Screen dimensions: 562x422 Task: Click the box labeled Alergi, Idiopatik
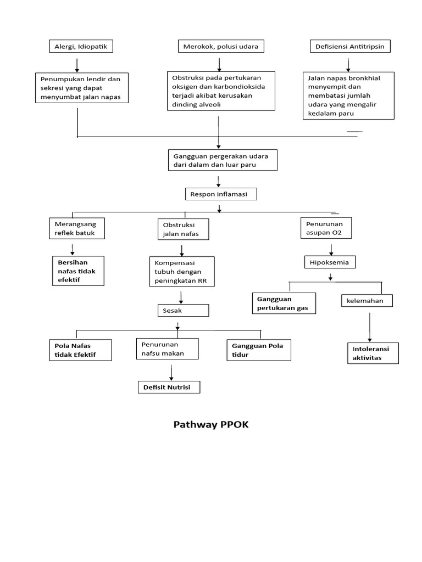coord(81,47)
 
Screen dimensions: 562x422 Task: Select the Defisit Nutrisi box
coord(169,387)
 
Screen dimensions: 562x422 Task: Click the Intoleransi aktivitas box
coord(373,353)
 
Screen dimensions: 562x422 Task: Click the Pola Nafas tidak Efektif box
coord(80,350)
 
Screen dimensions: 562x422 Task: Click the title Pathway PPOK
coord(211,425)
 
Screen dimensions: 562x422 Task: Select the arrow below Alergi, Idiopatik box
coord(77,64)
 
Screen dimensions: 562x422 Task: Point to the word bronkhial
coord(364,78)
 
